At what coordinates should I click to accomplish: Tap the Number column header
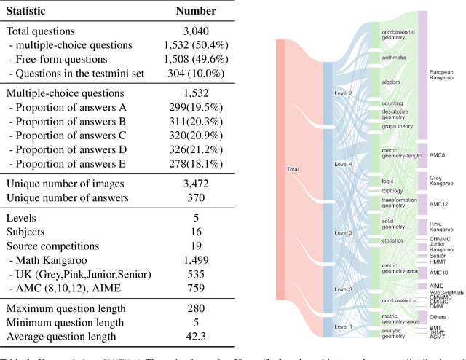[196, 11]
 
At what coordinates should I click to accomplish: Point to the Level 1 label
[343, 327]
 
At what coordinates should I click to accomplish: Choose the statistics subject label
[394, 239]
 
